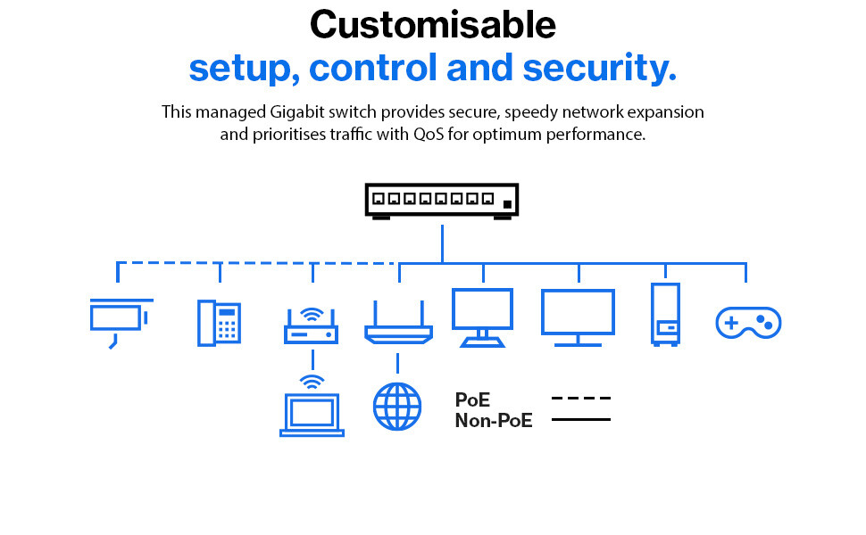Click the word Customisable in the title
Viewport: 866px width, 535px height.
pos(432,25)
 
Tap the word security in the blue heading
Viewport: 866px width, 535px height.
pos(599,69)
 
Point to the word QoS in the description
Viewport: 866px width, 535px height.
pos(429,134)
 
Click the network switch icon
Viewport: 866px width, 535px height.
pos(442,202)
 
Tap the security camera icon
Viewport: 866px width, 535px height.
pos(121,323)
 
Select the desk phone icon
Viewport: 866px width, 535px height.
pos(219,323)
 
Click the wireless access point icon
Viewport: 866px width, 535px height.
pos(311,326)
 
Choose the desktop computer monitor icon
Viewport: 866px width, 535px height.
pos(482,317)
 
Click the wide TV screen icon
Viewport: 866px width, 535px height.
pos(578,317)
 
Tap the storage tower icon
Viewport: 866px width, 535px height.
pos(665,315)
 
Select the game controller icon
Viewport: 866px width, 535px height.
pos(748,323)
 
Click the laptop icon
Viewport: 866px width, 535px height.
pos(312,415)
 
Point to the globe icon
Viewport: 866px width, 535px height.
pos(397,407)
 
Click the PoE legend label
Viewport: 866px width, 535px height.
pos(472,399)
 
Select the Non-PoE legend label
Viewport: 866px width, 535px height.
pos(494,421)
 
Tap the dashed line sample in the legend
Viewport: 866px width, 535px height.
pos(581,398)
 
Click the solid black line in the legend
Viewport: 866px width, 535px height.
pos(581,420)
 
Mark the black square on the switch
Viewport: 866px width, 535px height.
pos(507,204)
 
